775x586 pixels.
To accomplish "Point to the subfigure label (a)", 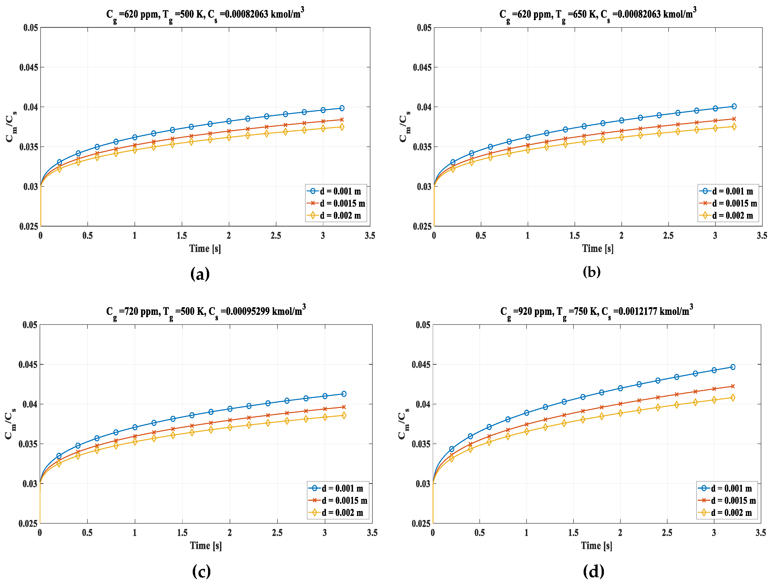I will [x=200, y=274].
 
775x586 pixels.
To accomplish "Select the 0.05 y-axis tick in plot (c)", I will [x=30, y=325].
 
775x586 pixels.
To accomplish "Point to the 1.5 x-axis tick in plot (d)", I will [x=573, y=533].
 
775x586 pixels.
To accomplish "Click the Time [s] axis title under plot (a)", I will [x=205, y=249].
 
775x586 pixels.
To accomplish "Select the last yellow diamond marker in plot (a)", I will [x=342, y=127].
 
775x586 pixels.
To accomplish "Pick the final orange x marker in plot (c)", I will [x=344, y=407].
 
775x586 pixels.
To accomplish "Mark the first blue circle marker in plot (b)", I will [x=453, y=162].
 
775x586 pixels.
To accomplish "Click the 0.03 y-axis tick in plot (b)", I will [x=424, y=187].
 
